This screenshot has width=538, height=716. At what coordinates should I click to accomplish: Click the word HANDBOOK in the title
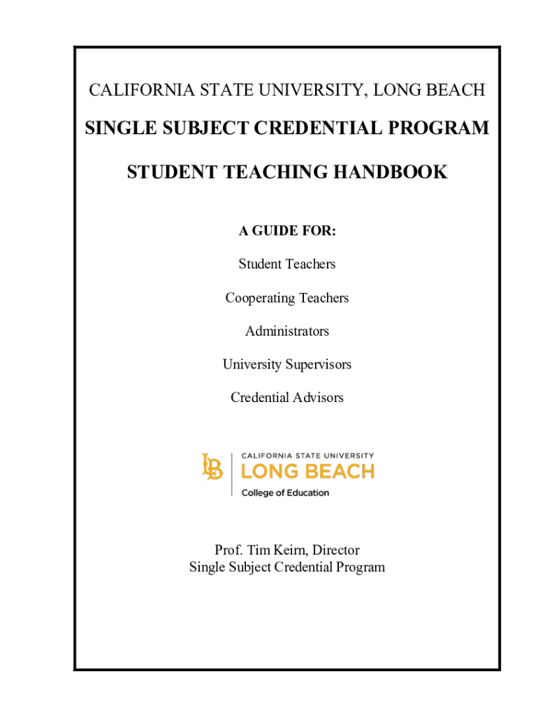tap(394, 172)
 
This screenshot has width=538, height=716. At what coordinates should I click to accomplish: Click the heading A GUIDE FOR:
tap(287, 231)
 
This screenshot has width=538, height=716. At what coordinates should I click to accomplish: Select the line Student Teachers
tap(287, 264)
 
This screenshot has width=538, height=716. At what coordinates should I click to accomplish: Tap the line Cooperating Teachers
tap(287, 298)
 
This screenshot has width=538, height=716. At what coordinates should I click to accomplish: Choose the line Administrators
tap(287, 331)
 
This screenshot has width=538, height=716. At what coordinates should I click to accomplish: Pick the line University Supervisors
tap(287, 364)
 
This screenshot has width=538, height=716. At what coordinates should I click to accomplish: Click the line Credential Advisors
tap(287, 398)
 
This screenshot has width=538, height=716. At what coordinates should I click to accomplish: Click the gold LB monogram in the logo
tap(212, 467)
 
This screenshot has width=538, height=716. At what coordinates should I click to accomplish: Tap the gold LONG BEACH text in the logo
tap(307, 472)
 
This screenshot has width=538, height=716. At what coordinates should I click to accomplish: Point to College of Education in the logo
tap(285, 493)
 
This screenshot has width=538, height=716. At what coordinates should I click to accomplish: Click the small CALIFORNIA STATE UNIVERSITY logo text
tap(307, 455)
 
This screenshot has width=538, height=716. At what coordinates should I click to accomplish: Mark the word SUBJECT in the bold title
tap(198, 129)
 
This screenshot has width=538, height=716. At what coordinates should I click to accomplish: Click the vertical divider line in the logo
tap(231, 474)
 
